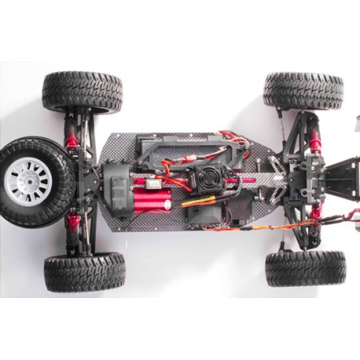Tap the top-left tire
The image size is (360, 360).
(x=83, y=92)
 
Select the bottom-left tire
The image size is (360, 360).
(x=84, y=272)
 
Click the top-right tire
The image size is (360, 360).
(x=303, y=91)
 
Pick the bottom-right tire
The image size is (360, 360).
(x=306, y=268)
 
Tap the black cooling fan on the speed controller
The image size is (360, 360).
(x=198, y=178)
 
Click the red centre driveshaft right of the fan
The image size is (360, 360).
(x=243, y=181)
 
